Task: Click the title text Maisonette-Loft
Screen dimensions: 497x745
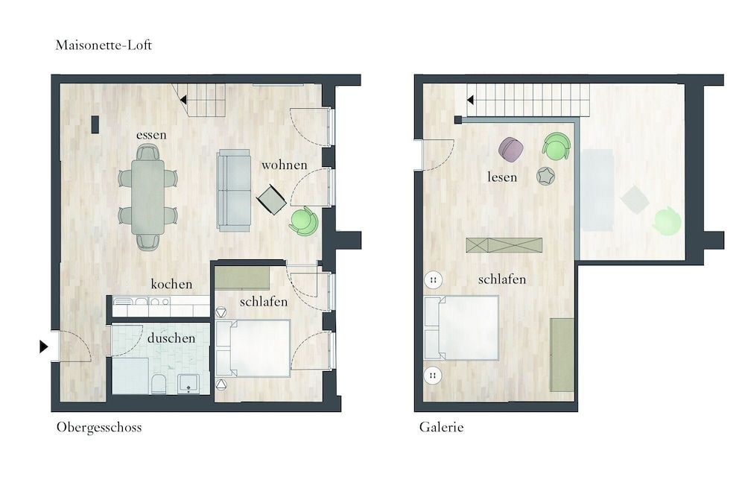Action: (x=104, y=45)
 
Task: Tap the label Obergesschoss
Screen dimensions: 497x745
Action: (x=98, y=428)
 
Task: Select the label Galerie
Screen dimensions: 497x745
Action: (x=441, y=428)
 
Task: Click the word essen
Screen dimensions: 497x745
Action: (x=151, y=135)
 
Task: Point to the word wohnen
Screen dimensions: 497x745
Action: (x=284, y=165)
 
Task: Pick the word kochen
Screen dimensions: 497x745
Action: (x=171, y=284)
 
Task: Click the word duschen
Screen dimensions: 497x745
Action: (x=171, y=338)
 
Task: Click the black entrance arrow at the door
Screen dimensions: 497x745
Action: (x=43, y=346)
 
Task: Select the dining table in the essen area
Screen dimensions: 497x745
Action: (x=148, y=197)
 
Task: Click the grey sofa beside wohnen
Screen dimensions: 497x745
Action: (x=234, y=189)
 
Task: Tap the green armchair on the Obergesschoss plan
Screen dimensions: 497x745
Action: (x=303, y=221)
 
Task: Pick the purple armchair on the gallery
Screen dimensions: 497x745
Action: (x=512, y=150)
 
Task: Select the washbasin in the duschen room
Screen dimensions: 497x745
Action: (x=188, y=384)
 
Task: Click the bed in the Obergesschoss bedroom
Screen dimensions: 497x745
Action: (x=253, y=347)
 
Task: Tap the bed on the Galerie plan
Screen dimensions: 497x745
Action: (x=462, y=328)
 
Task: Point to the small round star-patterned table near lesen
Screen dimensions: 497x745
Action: (x=546, y=176)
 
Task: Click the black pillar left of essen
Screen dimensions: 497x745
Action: (x=95, y=124)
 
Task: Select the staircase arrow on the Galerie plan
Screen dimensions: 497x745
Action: (x=471, y=99)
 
